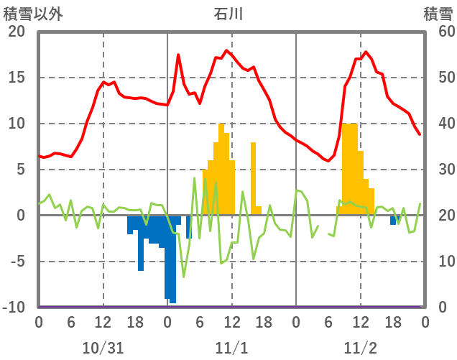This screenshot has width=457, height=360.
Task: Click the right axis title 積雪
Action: tap(438, 13)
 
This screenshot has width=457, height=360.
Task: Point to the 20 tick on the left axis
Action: tap(16, 32)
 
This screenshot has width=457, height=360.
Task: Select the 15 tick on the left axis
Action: tap(16, 78)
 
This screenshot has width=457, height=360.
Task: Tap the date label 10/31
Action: tap(103, 348)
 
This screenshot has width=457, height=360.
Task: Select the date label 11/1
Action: tap(231, 348)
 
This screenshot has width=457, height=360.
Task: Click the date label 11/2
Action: tap(360, 348)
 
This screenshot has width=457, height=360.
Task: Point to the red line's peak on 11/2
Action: tap(366, 52)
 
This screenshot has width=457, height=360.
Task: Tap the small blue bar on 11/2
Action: tap(393, 220)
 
